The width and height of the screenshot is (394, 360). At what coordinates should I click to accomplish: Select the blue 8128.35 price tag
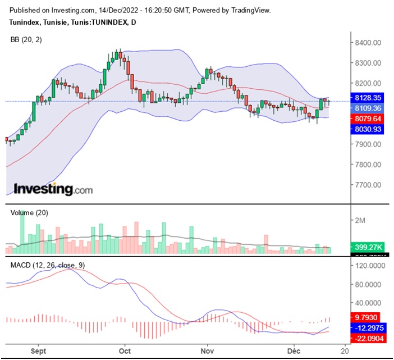point(369,97)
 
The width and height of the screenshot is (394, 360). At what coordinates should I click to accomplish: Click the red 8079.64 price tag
point(369,119)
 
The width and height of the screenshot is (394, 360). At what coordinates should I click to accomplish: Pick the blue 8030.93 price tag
point(369,129)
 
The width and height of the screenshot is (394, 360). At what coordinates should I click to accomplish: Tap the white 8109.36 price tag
point(369,108)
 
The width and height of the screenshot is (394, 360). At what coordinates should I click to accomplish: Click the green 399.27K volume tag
point(369,247)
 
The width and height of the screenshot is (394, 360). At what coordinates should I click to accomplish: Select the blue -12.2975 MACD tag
point(369,327)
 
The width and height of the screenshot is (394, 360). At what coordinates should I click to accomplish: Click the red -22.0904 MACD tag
point(369,338)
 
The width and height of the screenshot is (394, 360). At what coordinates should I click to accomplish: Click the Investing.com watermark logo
point(53,189)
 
